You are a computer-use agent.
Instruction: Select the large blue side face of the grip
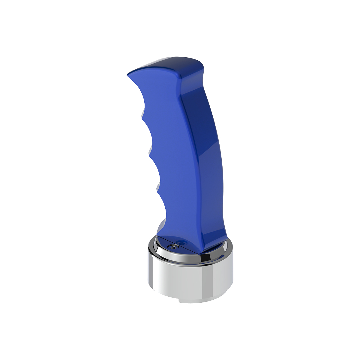pos(174,150)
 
